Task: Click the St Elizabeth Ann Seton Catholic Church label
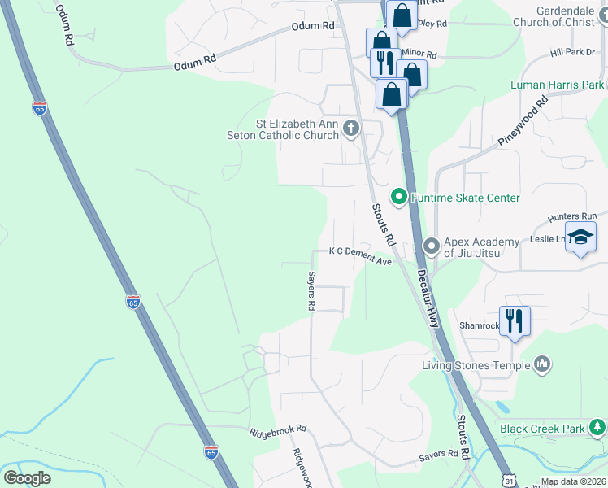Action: pyautogui.click(x=297, y=129)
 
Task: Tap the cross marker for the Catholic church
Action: pyautogui.click(x=351, y=128)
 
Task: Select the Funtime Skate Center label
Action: pyautogui.click(x=465, y=198)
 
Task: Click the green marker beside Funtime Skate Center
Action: pyautogui.click(x=399, y=197)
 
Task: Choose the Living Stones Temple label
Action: pyautogui.click(x=476, y=364)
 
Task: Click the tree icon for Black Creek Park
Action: pyautogui.click(x=597, y=426)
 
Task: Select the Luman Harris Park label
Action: pyautogui.click(x=557, y=85)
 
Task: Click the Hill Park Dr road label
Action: pyautogui.click(x=573, y=52)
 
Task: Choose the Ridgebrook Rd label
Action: pyautogui.click(x=278, y=429)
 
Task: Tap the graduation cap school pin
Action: pyautogui.click(x=580, y=237)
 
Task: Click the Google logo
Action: pyautogui.click(x=27, y=478)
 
